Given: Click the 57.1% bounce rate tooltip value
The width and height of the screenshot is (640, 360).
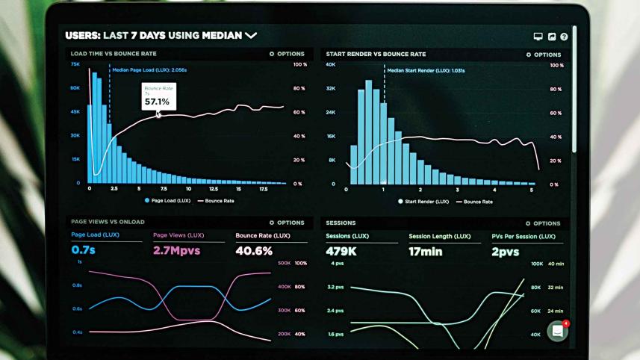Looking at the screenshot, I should point(157,101).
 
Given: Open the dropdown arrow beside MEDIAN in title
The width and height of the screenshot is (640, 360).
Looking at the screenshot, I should point(251,35).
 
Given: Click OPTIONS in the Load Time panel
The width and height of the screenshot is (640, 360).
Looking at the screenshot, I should point(287,54).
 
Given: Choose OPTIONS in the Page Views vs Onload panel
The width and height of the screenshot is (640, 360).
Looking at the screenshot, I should point(287,223).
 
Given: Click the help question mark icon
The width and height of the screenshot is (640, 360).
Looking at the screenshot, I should point(564,36).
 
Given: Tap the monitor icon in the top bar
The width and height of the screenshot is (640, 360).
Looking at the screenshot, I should point(538,36).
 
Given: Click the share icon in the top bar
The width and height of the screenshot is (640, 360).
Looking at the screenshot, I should point(551,36).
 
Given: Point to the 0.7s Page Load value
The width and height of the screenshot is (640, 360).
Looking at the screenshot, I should point(84,251).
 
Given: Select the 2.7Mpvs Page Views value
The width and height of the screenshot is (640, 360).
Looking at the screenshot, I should point(176,251).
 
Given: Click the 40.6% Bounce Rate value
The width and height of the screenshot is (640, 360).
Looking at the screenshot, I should point(254,251).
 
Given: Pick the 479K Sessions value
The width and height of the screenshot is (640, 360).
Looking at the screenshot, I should point(341,252).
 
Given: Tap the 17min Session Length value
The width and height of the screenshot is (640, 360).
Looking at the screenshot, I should point(426,252).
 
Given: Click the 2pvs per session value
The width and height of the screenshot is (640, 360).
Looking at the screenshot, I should point(505,252).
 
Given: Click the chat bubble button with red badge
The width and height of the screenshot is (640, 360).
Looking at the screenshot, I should point(557,331).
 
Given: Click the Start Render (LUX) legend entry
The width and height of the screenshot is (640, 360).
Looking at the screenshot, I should point(423,202).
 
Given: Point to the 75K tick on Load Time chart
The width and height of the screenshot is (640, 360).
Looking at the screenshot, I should point(75,64).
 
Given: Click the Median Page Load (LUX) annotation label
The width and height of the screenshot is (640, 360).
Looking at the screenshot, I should point(149,69).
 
